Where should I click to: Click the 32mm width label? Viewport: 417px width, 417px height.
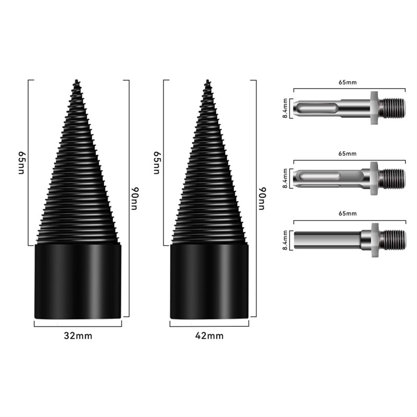[x=78, y=336]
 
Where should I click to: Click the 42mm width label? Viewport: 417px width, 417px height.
[x=210, y=336]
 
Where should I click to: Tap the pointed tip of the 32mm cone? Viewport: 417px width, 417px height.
[x=77, y=80]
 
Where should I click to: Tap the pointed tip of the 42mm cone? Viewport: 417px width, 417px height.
[x=207, y=80]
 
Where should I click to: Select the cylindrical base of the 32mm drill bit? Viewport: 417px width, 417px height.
[x=78, y=281]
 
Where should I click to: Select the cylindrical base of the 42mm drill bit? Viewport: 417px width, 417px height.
[x=210, y=281]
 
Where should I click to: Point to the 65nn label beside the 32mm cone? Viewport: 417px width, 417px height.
[x=21, y=163]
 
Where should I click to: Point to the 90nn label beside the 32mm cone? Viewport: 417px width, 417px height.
[x=134, y=199]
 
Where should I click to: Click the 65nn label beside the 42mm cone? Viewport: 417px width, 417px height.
[x=157, y=163]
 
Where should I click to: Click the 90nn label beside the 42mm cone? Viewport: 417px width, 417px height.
[x=262, y=199]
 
